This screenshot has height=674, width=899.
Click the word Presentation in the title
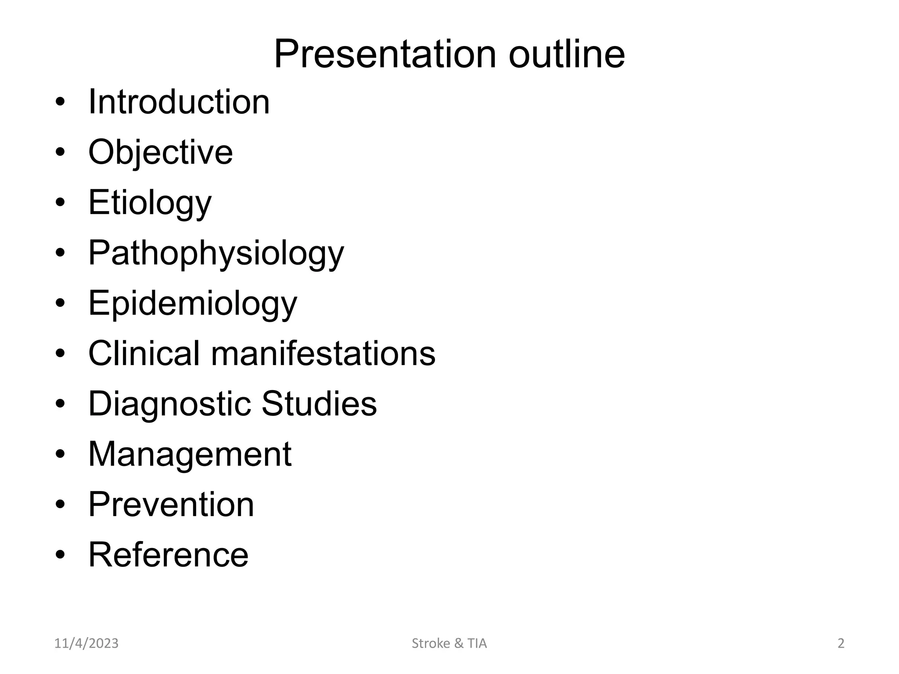click(x=385, y=54)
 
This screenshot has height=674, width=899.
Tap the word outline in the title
click(x=567, y=54)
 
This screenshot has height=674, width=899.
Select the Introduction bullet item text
click(x=179, y=102)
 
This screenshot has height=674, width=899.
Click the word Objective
click(x=161, y=152)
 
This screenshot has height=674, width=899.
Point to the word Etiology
click(x=150, y=203)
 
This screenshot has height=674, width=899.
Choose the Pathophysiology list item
click(x=216, y=254)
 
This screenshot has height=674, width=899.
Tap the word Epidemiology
click(x=193, y=304)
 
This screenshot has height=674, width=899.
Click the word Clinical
click(x=144, y=353)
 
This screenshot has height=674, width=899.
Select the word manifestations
click(x=324, y=353)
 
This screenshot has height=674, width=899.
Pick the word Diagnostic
click(x=169, y=404)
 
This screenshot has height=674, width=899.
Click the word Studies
click(x=319, y=404)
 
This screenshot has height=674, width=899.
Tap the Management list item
click(x=190, y=454)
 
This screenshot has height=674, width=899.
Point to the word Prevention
click(x=171, y=505)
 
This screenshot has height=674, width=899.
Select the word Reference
click(x=169, y=555)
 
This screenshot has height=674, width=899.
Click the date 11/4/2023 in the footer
click(x=86, y=643)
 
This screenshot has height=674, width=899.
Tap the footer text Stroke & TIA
click(x=449, y=643)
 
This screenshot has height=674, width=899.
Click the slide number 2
click(x=841, y=643)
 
